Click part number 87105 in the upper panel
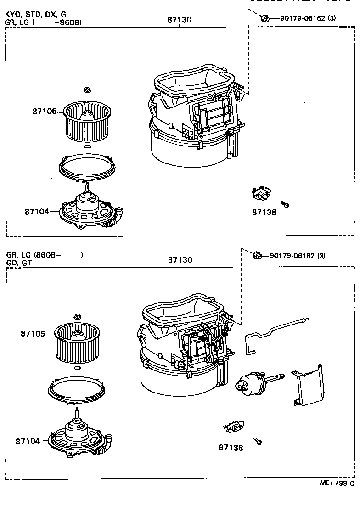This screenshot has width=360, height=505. [x=44, y=111]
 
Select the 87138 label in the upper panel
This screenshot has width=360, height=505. [x=264, y=213]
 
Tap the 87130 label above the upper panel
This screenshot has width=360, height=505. [x=180, y=20]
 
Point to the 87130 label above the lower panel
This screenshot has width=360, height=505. [x=180, y=260]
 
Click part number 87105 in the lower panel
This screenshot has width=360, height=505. [x=32, y=333]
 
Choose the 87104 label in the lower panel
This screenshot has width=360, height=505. [x=27, y=441]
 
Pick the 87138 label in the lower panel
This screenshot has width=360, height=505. [x=231, y=447]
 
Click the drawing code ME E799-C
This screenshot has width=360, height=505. [x=337, y=483]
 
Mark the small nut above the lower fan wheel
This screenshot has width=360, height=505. [x=78, y=316]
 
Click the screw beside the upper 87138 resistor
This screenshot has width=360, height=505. [x=284, y=204]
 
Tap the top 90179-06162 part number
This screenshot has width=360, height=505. [x=303, y=18]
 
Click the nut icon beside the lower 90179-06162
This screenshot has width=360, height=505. [x=258, y=255]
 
